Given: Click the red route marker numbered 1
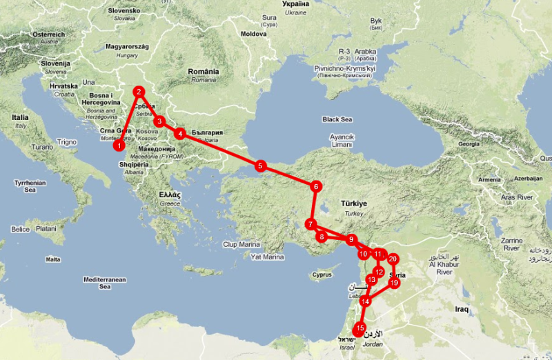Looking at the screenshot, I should (x=119, y=146).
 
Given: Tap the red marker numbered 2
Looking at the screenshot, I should (x=139, y=91).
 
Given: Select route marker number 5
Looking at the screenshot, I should (x=260, y=166).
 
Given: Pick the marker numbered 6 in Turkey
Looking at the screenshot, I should (x=315, y=186).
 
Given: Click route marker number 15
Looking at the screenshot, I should (x=359, y=328).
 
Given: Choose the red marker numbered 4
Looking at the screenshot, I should (x=179, y=134).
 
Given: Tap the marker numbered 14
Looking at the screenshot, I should (x=366, y=301).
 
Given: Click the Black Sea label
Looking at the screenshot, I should (x=337, y=119).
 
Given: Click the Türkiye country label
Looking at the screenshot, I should (x=355, y=205).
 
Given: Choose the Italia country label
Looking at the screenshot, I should (x=20, y=118).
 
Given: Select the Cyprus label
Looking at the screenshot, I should (x=322, y=274).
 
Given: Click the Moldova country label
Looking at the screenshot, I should (x=253, y=34).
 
